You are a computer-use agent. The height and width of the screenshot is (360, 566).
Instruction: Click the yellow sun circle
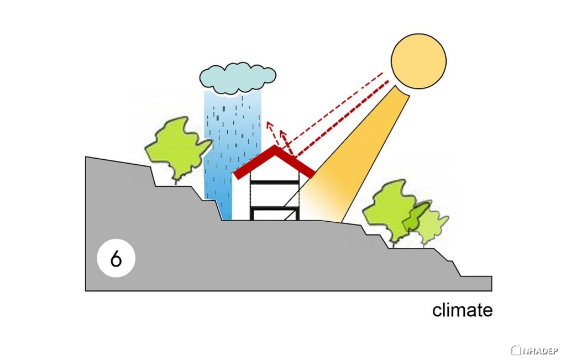click(x=418, y=61)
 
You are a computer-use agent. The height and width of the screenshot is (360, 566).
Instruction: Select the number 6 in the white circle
click(x=116, y=259)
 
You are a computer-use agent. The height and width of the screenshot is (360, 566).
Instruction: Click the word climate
click(x=463, y=310)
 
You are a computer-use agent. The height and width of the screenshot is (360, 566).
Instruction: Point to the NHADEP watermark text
click(x=538, y=350)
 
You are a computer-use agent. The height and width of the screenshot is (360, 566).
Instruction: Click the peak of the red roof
click(x=275, y=146)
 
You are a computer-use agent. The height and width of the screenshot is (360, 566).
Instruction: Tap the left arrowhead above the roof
click(x=269, y=124)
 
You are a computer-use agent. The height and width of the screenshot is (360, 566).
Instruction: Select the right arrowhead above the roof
click(x=283, y=134)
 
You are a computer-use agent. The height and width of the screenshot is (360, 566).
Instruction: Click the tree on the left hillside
click(x=177, y=148)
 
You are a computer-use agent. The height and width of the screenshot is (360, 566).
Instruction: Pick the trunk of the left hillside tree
click(x=176, y=181)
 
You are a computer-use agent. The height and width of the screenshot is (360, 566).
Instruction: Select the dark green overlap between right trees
click(x=415, y=218)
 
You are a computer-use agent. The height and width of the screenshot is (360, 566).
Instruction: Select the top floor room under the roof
click(x=274, y=173)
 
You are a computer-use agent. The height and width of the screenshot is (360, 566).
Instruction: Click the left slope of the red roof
click(x=254, y=163)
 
